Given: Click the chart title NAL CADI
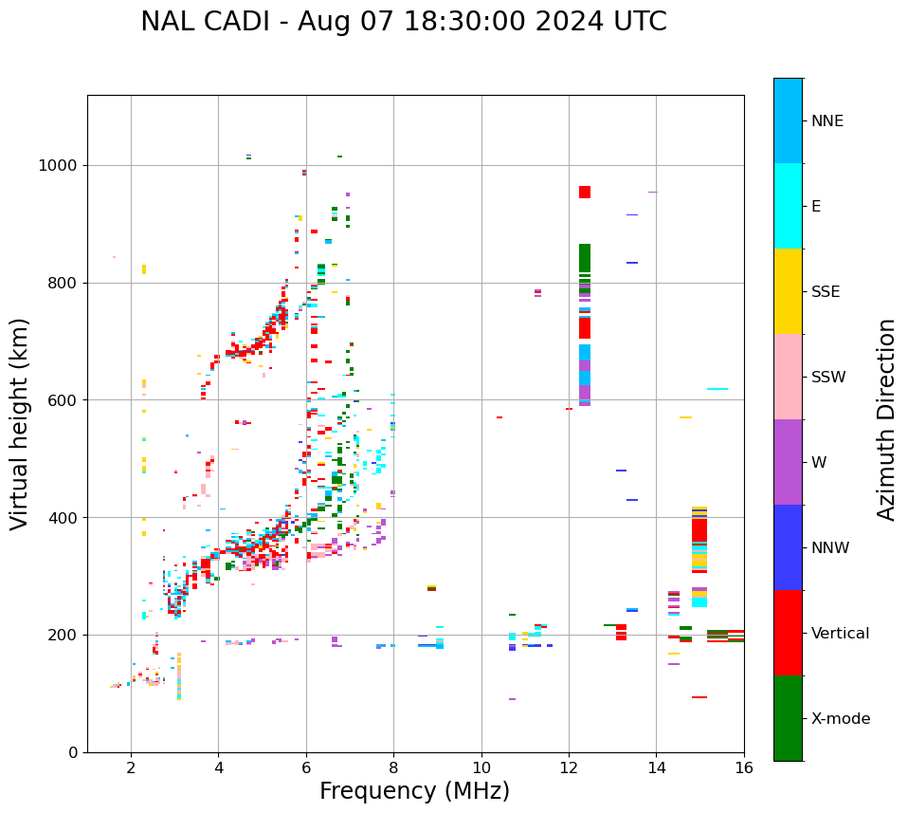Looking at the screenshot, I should click(403, 22).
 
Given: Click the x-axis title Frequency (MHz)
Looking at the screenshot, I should click(414, 791).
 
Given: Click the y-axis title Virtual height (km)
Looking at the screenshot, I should click(20, 424).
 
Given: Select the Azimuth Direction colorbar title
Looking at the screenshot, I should click(886, 419).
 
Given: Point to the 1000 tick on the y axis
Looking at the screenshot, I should click(62, 165).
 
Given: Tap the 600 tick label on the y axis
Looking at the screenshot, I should click(65, 399).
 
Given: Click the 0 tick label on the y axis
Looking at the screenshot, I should click(73, 752).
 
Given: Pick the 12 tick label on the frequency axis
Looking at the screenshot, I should click(569, 768).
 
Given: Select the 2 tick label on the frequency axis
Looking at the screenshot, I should click(131, 768).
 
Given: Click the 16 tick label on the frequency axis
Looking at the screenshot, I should click(744, 768).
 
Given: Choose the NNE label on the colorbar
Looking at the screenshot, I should click(826, 121).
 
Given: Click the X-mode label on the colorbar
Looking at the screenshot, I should click(840, 719).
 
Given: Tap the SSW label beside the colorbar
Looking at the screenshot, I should click(827, 378).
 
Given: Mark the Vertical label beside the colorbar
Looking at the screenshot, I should click(840, 634).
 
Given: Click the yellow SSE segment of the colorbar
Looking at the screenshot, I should click(788, 291).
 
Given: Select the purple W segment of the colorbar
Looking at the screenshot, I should click(788, 462).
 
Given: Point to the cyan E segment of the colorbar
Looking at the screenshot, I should click(788, 206).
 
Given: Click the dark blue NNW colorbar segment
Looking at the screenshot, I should click(788, 547).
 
